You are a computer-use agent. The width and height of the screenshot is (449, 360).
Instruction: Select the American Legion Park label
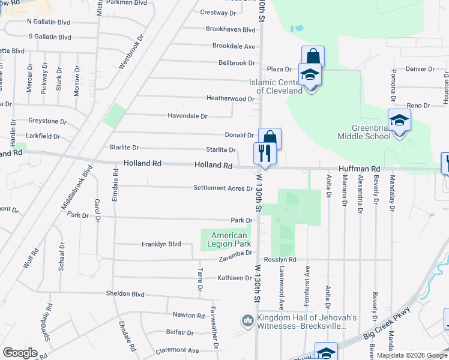pos(229,239)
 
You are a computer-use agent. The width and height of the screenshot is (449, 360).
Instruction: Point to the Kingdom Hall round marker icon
pos(247,321)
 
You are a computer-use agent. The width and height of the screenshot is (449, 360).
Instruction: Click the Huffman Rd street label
pos(360,169)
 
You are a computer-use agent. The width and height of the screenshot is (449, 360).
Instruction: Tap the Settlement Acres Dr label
pos(223,188)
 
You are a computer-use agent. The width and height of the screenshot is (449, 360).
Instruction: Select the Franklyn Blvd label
pos(161,244)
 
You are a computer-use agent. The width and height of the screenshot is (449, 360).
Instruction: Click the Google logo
pos(20,353)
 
